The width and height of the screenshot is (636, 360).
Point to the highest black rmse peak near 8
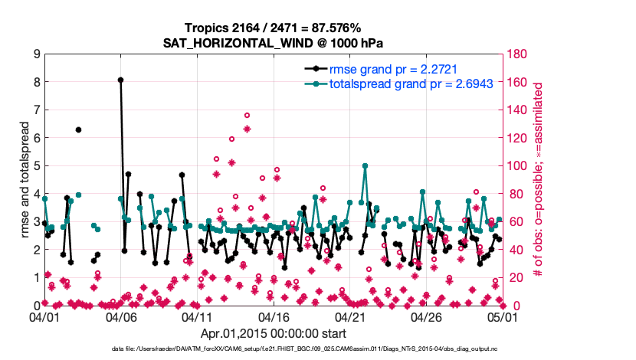coord(120,80)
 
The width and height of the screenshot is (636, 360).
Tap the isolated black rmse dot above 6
coord(78,130)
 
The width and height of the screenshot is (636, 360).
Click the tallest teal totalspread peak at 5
coord(365,165)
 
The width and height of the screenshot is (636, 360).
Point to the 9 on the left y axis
coord(35,54)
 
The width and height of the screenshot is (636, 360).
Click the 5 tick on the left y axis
coord(35,165)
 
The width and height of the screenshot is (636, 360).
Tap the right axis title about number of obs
coord(539,179)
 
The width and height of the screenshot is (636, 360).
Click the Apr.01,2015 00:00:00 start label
coord(273,333)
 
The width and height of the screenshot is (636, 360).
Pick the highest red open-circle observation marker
coord(247,115)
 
